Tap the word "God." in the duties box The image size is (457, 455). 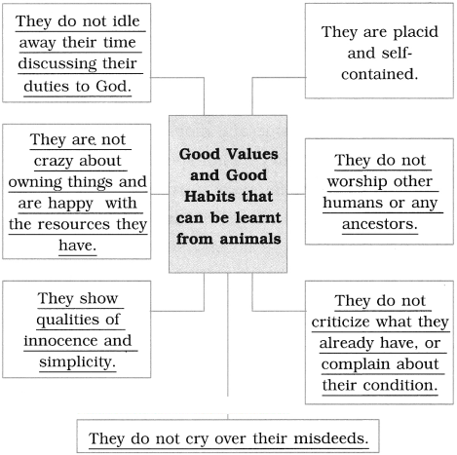tap(113, 87)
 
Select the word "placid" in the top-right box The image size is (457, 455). tap(416, 33)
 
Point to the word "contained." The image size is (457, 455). tap(379, 74)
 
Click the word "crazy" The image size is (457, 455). tap(54, 162)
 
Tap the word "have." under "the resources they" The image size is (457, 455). tap(78, 246)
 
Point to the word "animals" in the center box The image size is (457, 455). tap(250, 239)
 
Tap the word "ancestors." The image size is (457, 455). tap(380, 224)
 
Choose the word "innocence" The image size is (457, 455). tap(61, 341)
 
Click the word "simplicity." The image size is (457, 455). tap(77, 362)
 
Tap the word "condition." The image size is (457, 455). tap(400, 386)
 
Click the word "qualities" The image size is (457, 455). tap(67, 321)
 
